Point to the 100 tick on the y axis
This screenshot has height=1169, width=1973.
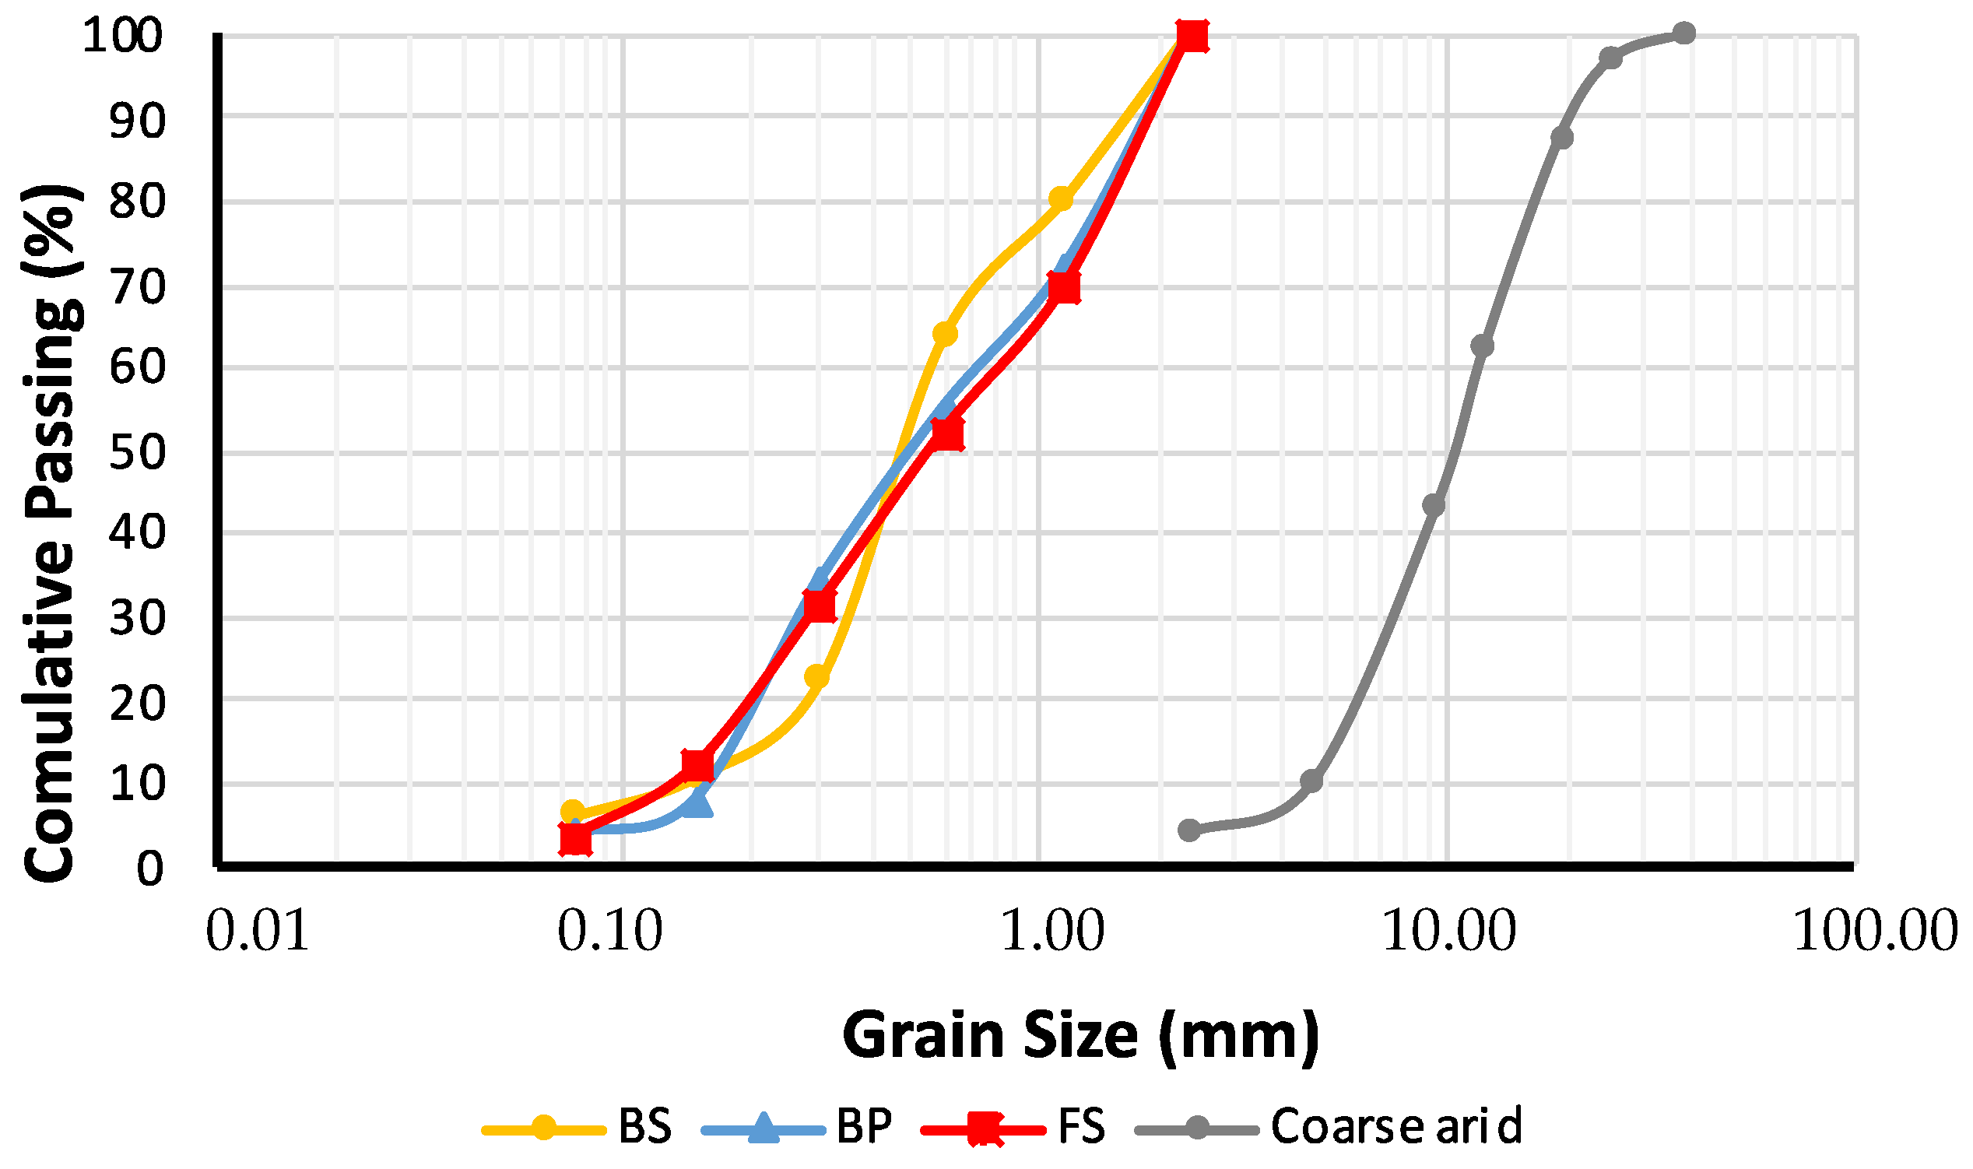123,37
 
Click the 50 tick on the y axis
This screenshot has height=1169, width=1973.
137,453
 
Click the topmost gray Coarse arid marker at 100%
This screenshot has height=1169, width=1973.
1683,33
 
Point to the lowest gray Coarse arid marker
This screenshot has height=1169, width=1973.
1189,830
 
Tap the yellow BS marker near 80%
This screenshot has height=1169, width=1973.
1061,198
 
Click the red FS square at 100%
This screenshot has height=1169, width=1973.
1192,36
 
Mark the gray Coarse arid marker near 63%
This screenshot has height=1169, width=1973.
1483,346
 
